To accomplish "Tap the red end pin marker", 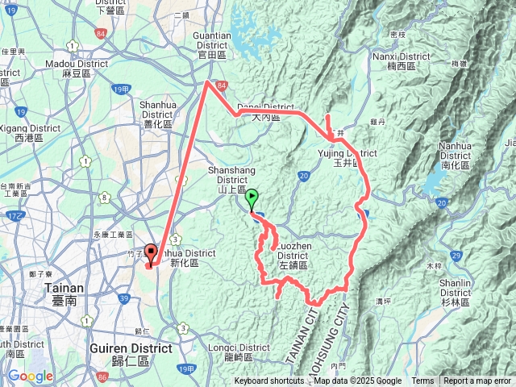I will (x=150, y=254).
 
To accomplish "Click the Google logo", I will (x=31, y=377).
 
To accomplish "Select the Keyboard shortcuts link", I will (x=269, y=381).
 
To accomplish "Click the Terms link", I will (x=422, y=381).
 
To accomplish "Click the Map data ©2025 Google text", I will (x=358, y=381).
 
